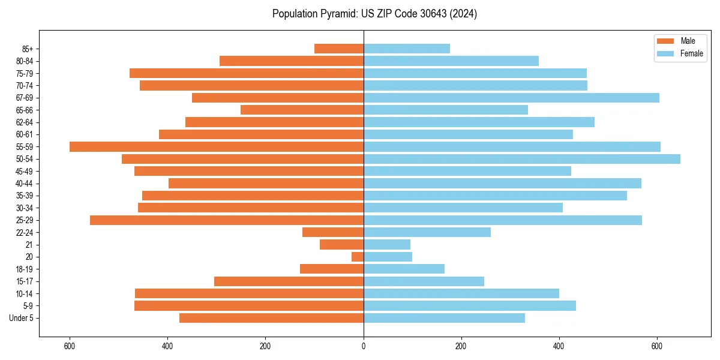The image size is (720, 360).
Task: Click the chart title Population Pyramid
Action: point(374,14)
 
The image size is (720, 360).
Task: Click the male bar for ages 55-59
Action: point(217,146)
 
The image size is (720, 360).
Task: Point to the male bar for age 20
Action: point(358,257)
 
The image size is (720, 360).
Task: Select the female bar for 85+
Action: point(407,49)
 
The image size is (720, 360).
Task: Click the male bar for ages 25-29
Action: point(227,220)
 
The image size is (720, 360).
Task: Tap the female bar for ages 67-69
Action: point(511,98)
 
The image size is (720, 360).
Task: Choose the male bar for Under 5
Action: point(271,318)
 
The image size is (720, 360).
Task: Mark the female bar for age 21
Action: point(387,245)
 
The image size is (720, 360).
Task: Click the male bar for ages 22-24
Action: point(333,232)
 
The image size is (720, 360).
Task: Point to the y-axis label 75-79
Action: point(25,73)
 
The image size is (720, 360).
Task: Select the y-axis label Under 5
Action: point(22,318)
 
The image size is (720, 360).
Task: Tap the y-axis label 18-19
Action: point(25,269)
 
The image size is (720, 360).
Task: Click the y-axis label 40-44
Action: point(25,184)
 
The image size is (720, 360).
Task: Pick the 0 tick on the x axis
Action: point(364,346)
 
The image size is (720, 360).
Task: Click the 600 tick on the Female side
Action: point(657,346)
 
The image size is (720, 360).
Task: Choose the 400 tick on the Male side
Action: point(167,346)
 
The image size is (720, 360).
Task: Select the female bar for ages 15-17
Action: point(424,281)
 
